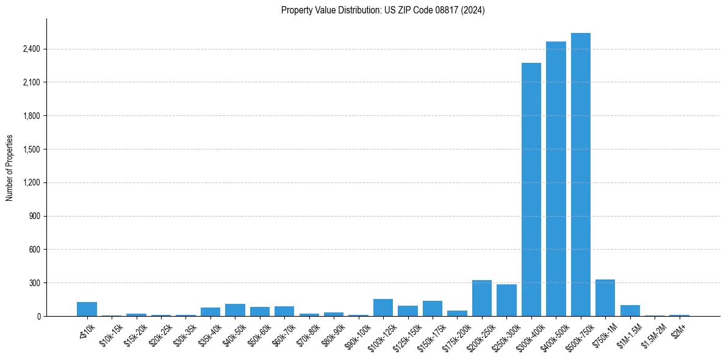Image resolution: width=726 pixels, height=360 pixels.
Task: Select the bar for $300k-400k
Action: [531, 189]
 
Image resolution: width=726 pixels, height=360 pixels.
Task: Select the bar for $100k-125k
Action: [383, 308]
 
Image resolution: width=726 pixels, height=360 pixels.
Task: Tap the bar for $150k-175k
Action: [433, 309]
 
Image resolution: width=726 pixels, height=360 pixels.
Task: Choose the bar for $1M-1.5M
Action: [630, 311]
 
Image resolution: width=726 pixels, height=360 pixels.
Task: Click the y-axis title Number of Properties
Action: [9, 167]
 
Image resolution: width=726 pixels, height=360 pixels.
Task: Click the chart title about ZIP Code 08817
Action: [383, 10]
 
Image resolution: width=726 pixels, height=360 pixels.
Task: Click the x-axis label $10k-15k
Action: [110, 336]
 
